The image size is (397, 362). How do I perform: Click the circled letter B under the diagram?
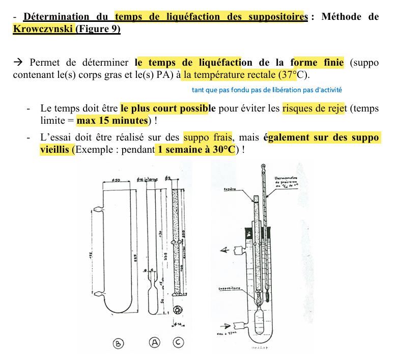[x=118, y=344]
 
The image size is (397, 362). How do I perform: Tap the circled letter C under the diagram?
[x=178, y=343]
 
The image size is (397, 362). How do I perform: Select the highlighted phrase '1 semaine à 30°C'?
[x=196, y=150]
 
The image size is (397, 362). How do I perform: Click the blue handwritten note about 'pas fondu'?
[x=267, y=90]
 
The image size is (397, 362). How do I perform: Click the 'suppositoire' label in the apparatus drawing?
[x=229, y=289]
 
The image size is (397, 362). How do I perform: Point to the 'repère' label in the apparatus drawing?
[x=230, y=189]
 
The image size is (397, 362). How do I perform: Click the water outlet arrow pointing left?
[x=223, y=249]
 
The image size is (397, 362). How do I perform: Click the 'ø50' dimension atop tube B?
[x=115, y=180]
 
